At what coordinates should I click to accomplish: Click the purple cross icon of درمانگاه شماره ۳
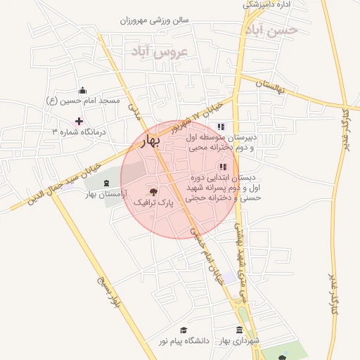79,122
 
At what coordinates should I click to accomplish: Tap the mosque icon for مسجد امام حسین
83,90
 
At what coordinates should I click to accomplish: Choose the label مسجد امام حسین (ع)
83,101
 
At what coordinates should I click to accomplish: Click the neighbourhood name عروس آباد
160,52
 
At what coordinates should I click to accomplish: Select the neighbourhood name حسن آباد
271,30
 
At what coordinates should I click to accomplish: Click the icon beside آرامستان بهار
106,183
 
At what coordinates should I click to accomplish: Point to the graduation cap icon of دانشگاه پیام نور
184,330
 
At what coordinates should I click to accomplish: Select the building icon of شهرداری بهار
240,330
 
